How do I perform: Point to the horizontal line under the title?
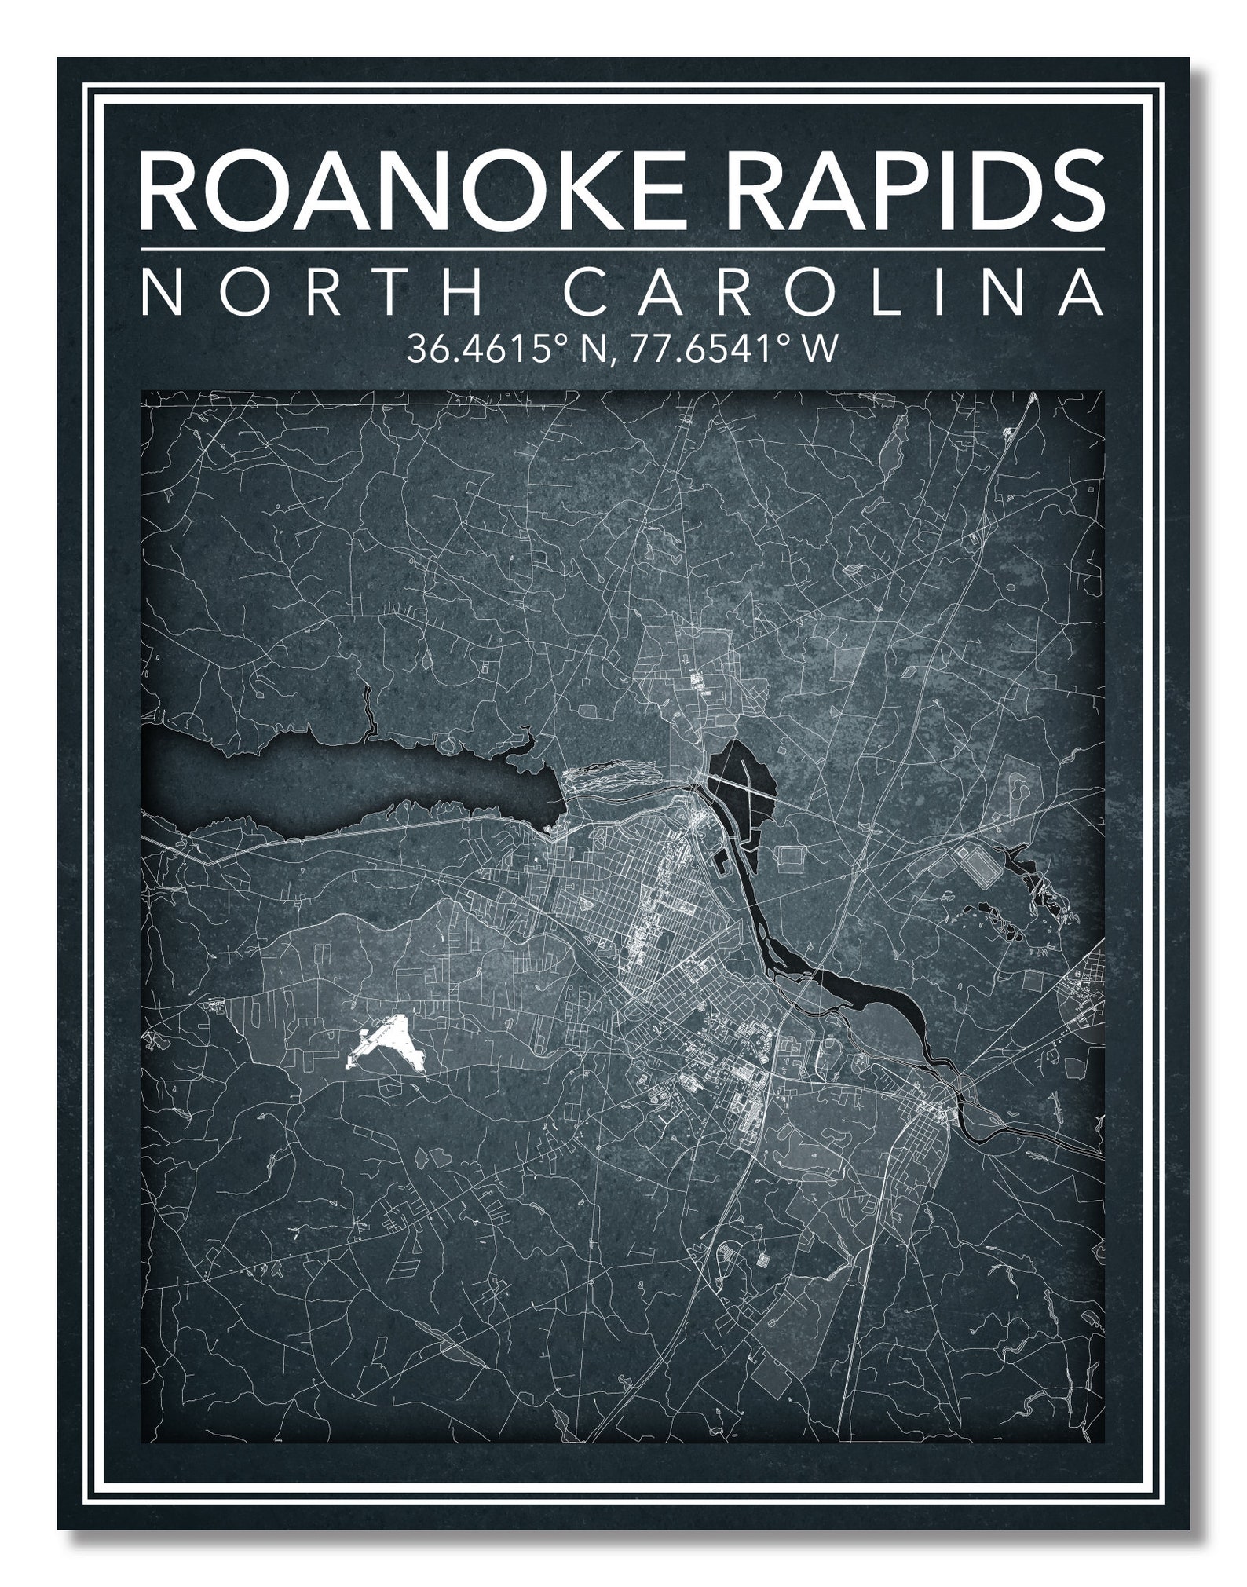click(x=623, y=250)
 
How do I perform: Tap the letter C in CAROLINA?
click(x=587, y=291)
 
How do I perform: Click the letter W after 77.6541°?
click(x=820, y=348)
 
